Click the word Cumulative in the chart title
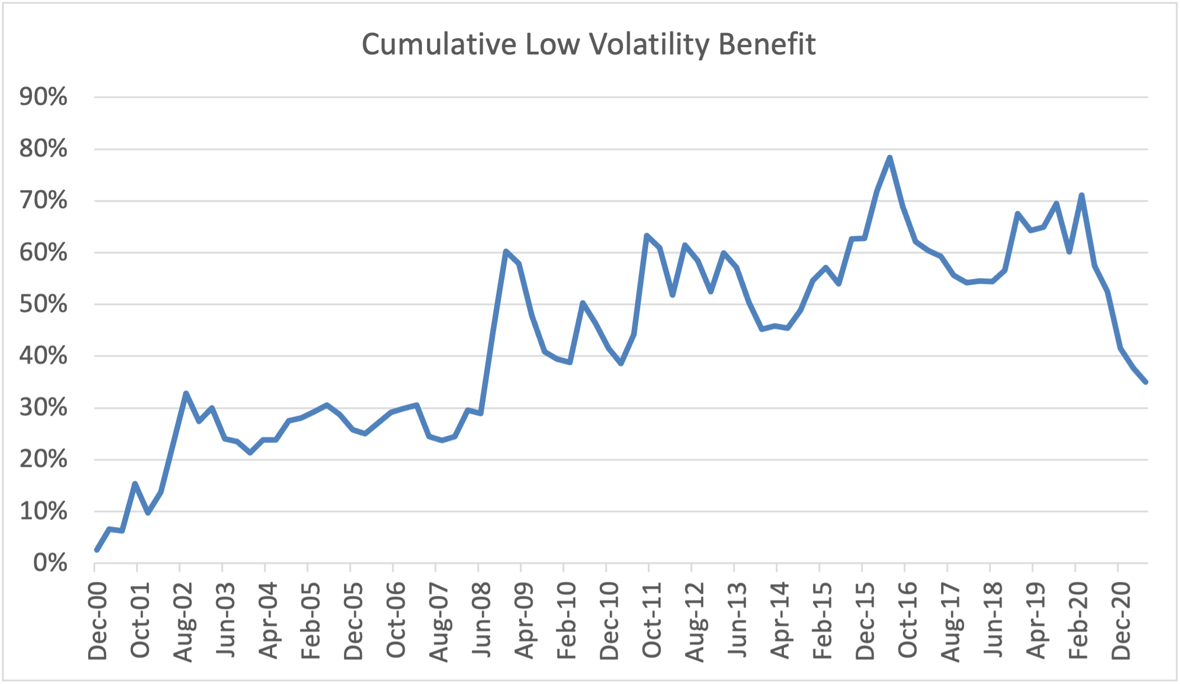[438, 45]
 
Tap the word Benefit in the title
[767, 45]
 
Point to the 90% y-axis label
[43, 98]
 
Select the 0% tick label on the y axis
[50, 563]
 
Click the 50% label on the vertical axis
[43, 305]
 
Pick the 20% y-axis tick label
[43, 460]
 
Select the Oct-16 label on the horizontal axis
[907, 621]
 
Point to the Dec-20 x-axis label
[1121, 621]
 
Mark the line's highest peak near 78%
[889, 158]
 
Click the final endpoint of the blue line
[1145, 382]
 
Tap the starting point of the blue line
[97, 550]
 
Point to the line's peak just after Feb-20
[1081, 195]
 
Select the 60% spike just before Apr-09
[506, 251]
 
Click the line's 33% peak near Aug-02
[186, 393]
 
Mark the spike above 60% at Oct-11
[646, 236]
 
